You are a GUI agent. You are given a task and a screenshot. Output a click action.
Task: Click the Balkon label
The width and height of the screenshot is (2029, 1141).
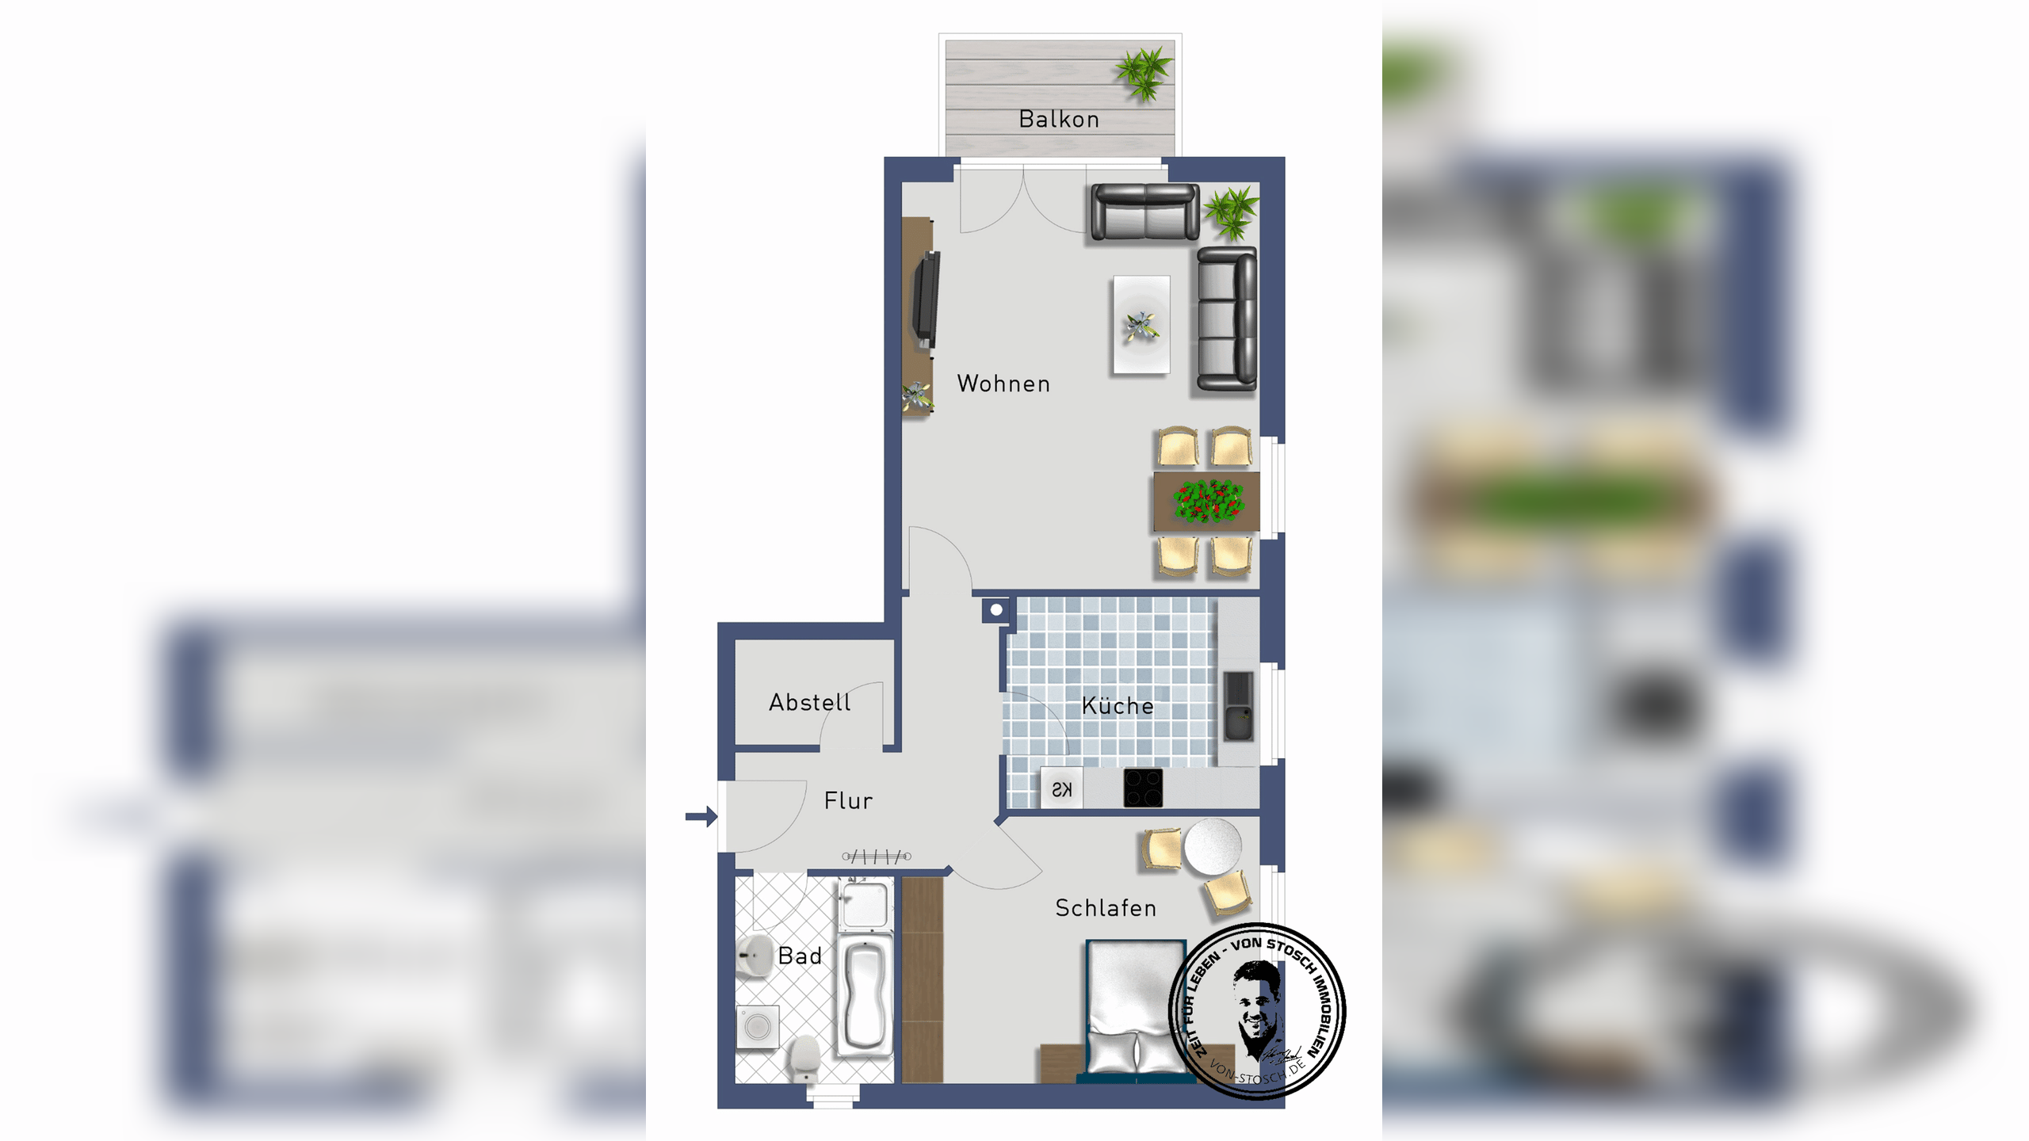pyautogui.click(x=1059, y=119)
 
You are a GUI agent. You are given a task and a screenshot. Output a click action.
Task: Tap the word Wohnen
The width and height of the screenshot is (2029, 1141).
pyautogui.click(x=1003, y=384)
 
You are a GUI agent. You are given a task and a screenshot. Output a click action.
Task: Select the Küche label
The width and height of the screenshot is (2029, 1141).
pyautogui.click(x=1118, y=705)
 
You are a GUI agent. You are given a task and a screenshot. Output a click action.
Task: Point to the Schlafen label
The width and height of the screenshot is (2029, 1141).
pyautogui.click(x=1106, y=908)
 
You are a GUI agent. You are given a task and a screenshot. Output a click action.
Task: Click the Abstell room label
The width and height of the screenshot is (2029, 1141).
pyautogui.click(x=809, y=702)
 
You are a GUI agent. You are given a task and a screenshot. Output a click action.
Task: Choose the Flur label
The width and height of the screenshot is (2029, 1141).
pyautogui.click(x=848, y=800)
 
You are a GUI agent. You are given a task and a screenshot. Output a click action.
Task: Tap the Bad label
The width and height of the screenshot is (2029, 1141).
pyautogui.click(x=800, y=956)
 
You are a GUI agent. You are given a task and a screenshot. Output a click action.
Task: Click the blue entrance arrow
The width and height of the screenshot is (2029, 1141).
pyautogui.click(x=701, y=816)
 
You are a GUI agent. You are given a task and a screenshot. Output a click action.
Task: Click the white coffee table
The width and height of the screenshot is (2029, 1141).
pyautogui.click(x=1141, y=324)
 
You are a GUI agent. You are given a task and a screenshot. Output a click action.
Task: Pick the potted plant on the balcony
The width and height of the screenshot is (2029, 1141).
pyautogui.click(x=1143, y=74)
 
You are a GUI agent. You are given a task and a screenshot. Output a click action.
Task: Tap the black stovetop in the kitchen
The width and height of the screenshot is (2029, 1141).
pyautogui.click(x=1143, y=788)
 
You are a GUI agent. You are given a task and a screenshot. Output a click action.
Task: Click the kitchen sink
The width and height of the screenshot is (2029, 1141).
pyautogui.click(x=1239, y=706)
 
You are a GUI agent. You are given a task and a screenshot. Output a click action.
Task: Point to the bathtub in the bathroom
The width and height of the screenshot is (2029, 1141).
pyautogui.click(x=865, y=995)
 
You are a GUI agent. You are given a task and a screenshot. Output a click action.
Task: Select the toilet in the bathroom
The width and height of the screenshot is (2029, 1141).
pyautogui.click(x=804, y=1058)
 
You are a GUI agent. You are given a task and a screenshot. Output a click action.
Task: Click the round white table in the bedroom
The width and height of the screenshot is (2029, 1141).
pyautogui.click(x=1212, y=846)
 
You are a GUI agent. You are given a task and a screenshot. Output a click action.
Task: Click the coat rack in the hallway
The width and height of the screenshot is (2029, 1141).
pyautogui.click(x=877, y=856)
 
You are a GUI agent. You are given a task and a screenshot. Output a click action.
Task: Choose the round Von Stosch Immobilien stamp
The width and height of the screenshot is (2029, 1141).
pyautogui.click(x=1257, y=1011)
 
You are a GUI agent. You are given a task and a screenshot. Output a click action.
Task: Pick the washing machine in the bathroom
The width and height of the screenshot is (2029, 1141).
pyautogui.click(x=757, y=1027)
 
